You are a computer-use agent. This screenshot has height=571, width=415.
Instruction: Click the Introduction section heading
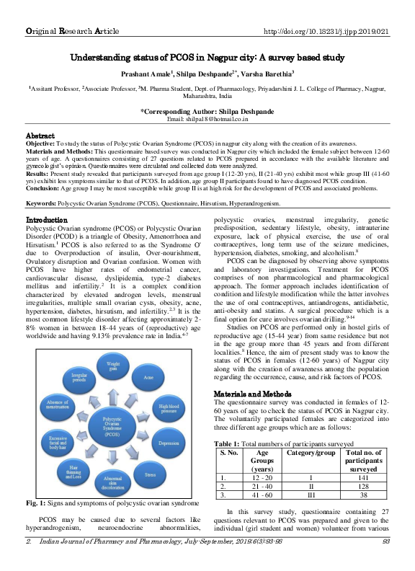47,218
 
